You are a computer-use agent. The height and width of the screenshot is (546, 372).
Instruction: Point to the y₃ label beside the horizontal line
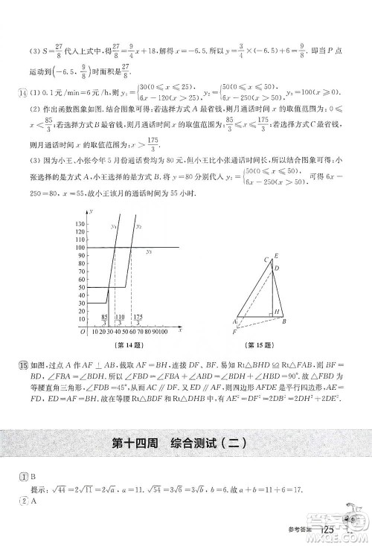point(149,251)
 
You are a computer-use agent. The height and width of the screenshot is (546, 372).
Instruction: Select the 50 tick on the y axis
point(80,286)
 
